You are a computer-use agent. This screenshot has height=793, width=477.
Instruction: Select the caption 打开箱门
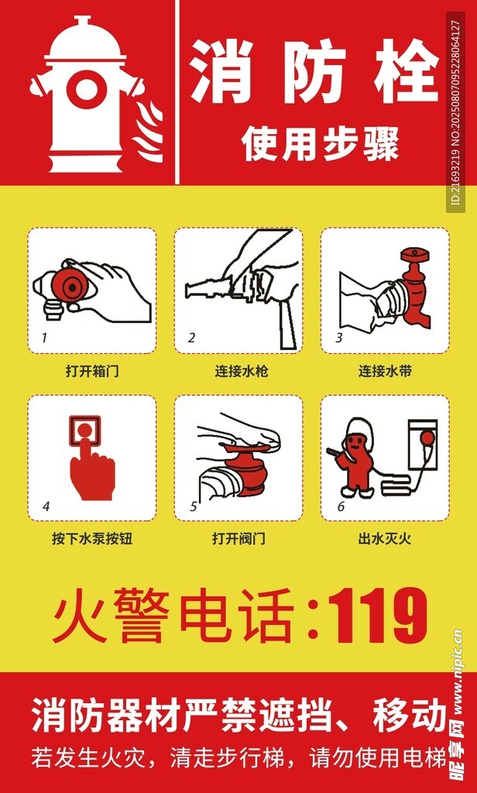pos(92,372)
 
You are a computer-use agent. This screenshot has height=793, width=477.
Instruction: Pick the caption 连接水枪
pos(238,372)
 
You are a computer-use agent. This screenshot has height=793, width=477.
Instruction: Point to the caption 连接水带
pos(385,372)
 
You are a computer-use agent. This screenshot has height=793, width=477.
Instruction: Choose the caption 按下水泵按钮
pos(92,539)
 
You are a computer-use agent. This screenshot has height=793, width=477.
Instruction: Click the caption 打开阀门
pos(238,539)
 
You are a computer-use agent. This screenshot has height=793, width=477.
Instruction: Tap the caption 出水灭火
pos(385,539)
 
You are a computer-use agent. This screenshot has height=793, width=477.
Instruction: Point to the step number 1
pos(44,338)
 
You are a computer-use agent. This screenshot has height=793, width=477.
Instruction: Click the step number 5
pos(193,506)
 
